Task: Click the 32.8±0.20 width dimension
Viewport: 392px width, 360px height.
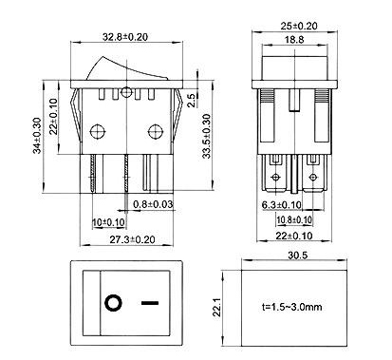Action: tap(125, 37)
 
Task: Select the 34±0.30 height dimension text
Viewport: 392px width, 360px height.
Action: tap(38, 136)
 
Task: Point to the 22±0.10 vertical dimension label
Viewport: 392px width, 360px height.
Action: tap(54, 117)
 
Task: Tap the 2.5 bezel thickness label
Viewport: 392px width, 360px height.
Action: tap(192, 100)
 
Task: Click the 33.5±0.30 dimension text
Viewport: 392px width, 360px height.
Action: tap(206, 136)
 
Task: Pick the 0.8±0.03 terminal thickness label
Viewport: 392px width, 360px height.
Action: tap(153, 204)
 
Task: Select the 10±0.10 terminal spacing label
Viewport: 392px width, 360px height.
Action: tap(108, 222)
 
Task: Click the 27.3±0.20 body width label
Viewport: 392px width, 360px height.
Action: tap(133, 239)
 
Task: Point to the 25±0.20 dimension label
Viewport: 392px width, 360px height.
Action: tap(299, 26)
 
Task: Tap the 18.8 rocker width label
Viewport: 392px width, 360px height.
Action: tap(294, 40)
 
